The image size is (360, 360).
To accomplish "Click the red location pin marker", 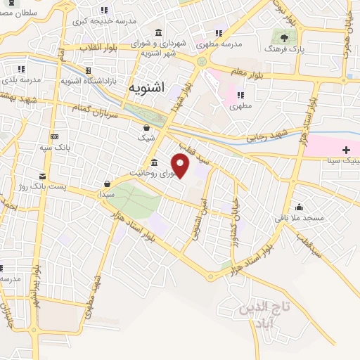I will (x=181, y=165).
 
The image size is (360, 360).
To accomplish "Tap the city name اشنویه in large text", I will (x=147, y=88).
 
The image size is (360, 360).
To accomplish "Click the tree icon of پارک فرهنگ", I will (x=284, y=38).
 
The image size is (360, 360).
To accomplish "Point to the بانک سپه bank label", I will (x=54, y=148).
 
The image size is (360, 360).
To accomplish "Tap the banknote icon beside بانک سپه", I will (x=54, y=136).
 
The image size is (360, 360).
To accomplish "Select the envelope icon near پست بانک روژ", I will (x=44, y=174).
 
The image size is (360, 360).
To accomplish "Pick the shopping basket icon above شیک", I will (x=146, y=127).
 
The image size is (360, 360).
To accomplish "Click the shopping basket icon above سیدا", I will (x=107, y=183).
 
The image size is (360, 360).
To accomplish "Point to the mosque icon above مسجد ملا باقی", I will (x=300, y=207).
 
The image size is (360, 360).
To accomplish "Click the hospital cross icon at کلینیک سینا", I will (x=346, y=150).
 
